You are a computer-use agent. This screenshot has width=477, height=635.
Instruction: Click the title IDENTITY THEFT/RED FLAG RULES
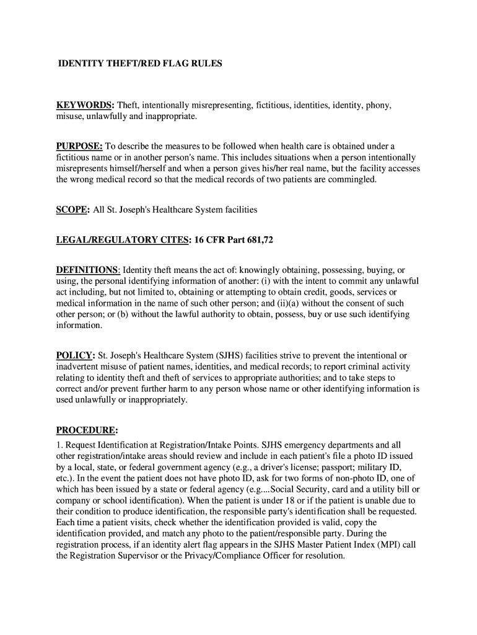coord(139,63)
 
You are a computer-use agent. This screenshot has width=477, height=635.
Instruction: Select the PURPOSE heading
coord(79,146)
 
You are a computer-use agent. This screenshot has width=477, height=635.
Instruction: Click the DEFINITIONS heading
coord(88,270)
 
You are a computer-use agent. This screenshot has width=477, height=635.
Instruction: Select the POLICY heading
coord(74,355)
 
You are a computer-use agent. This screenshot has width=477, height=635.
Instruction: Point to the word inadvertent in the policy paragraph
coord(78,366)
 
